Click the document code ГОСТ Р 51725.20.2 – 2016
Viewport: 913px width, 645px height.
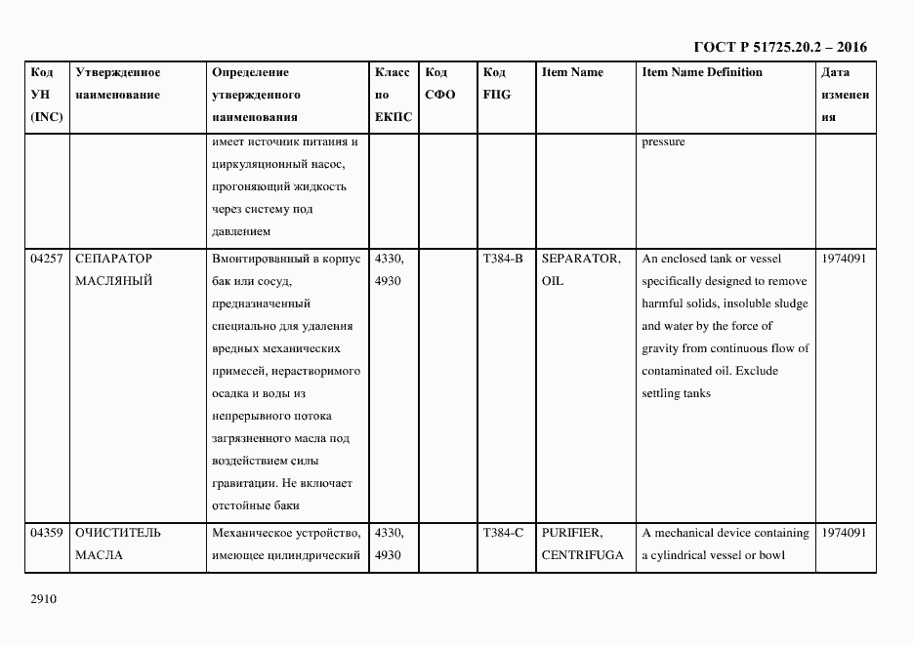tap(780, 47)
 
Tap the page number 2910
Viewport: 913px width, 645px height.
tap(45, 600)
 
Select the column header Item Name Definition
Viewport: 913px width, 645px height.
tap(701, 72)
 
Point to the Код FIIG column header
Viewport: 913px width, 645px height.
tap(496, 84)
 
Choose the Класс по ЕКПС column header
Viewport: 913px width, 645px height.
tap(393, 95)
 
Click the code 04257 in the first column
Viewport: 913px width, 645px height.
tap(47, 259)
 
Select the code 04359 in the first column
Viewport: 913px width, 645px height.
tap(47, 533)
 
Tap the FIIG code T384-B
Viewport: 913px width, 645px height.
tap(503, 259)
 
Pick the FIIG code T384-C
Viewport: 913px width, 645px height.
tap(503, 533)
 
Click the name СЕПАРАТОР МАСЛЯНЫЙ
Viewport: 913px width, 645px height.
tap(114, 269)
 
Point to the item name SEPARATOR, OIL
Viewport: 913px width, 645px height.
tap(580, 269)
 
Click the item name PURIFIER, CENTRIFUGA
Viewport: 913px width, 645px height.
tap(582, 544)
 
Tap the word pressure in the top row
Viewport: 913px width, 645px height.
tap(663, 141)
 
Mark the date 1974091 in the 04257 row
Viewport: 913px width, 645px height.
tap(844, 259)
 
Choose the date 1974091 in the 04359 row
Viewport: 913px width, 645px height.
tap(844, 533)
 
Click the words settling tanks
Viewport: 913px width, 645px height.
tap(676, 393)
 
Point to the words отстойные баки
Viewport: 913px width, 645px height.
tap(255, 505)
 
